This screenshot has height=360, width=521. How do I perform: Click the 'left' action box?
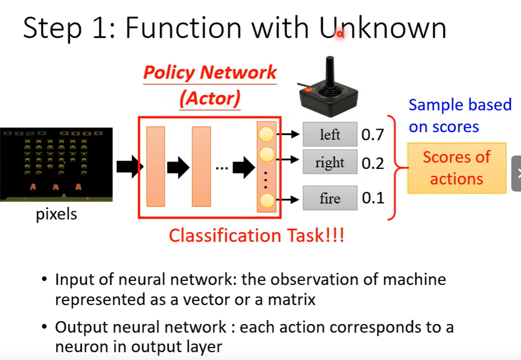click(330, 134)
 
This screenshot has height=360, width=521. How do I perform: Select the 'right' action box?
click(330, 162)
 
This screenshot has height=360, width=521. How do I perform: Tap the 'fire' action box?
click(330, 198)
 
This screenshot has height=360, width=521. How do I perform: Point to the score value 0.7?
click(373, 135)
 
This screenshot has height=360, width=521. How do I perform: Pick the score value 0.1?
click(373, 198)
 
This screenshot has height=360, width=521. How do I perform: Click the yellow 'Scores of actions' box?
click(456, 168)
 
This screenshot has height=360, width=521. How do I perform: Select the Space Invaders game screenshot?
click(56, 164)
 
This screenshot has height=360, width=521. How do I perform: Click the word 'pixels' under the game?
click(56, 215)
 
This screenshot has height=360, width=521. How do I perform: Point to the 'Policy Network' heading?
click(210, 73)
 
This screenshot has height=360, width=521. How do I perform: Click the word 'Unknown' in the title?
click(382, 29)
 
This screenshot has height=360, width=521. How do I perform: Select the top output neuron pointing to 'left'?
click(267, 135)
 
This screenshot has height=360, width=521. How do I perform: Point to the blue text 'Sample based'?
click(460, 105)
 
